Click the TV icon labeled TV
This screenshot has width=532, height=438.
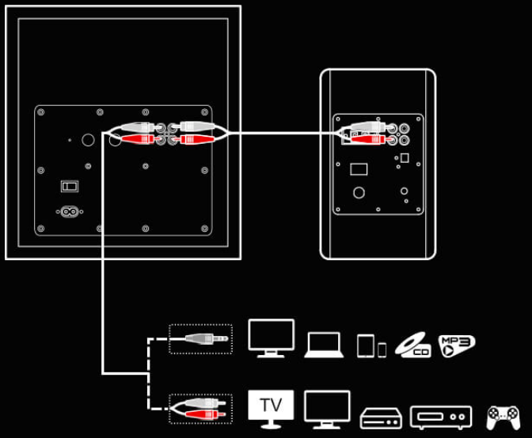click(271, 409)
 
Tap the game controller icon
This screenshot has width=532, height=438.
click(503, 417)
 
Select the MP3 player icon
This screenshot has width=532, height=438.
click(457, 345)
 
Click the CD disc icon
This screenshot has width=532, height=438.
click(413, 345)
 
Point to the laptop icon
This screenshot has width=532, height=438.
click(324, 345)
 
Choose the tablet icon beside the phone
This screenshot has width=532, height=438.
click(366, 345)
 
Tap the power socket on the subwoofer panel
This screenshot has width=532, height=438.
click(70, 212)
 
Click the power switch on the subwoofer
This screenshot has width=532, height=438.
click(70, 186)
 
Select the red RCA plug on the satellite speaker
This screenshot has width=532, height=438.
click(368, 139)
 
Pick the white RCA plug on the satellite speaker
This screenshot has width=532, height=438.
click(368, 127)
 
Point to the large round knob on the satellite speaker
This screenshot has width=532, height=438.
click(359, 193)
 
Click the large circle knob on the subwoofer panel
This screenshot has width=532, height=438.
click(88, 140)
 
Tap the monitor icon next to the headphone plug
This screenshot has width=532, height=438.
click(271, 338)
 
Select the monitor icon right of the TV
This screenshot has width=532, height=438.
click(327, 410)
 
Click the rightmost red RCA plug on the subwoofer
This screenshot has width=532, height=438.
click(197, 139)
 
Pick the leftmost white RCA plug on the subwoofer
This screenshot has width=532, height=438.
click(138, 127)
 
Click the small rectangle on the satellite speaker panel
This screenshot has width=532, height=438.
click(359, 169)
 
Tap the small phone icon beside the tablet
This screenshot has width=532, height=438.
click(382, 349)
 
